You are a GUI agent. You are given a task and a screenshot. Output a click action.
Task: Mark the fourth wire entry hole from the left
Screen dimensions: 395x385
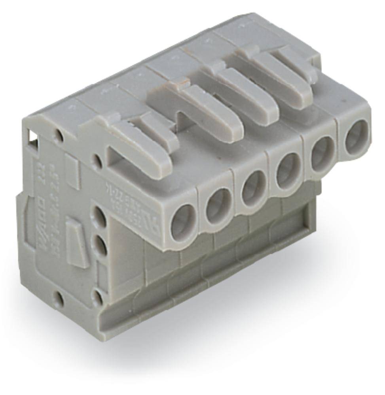(x=288, y=171)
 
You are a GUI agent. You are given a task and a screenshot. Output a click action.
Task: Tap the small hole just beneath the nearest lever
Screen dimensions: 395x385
(x=96, y=160)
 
